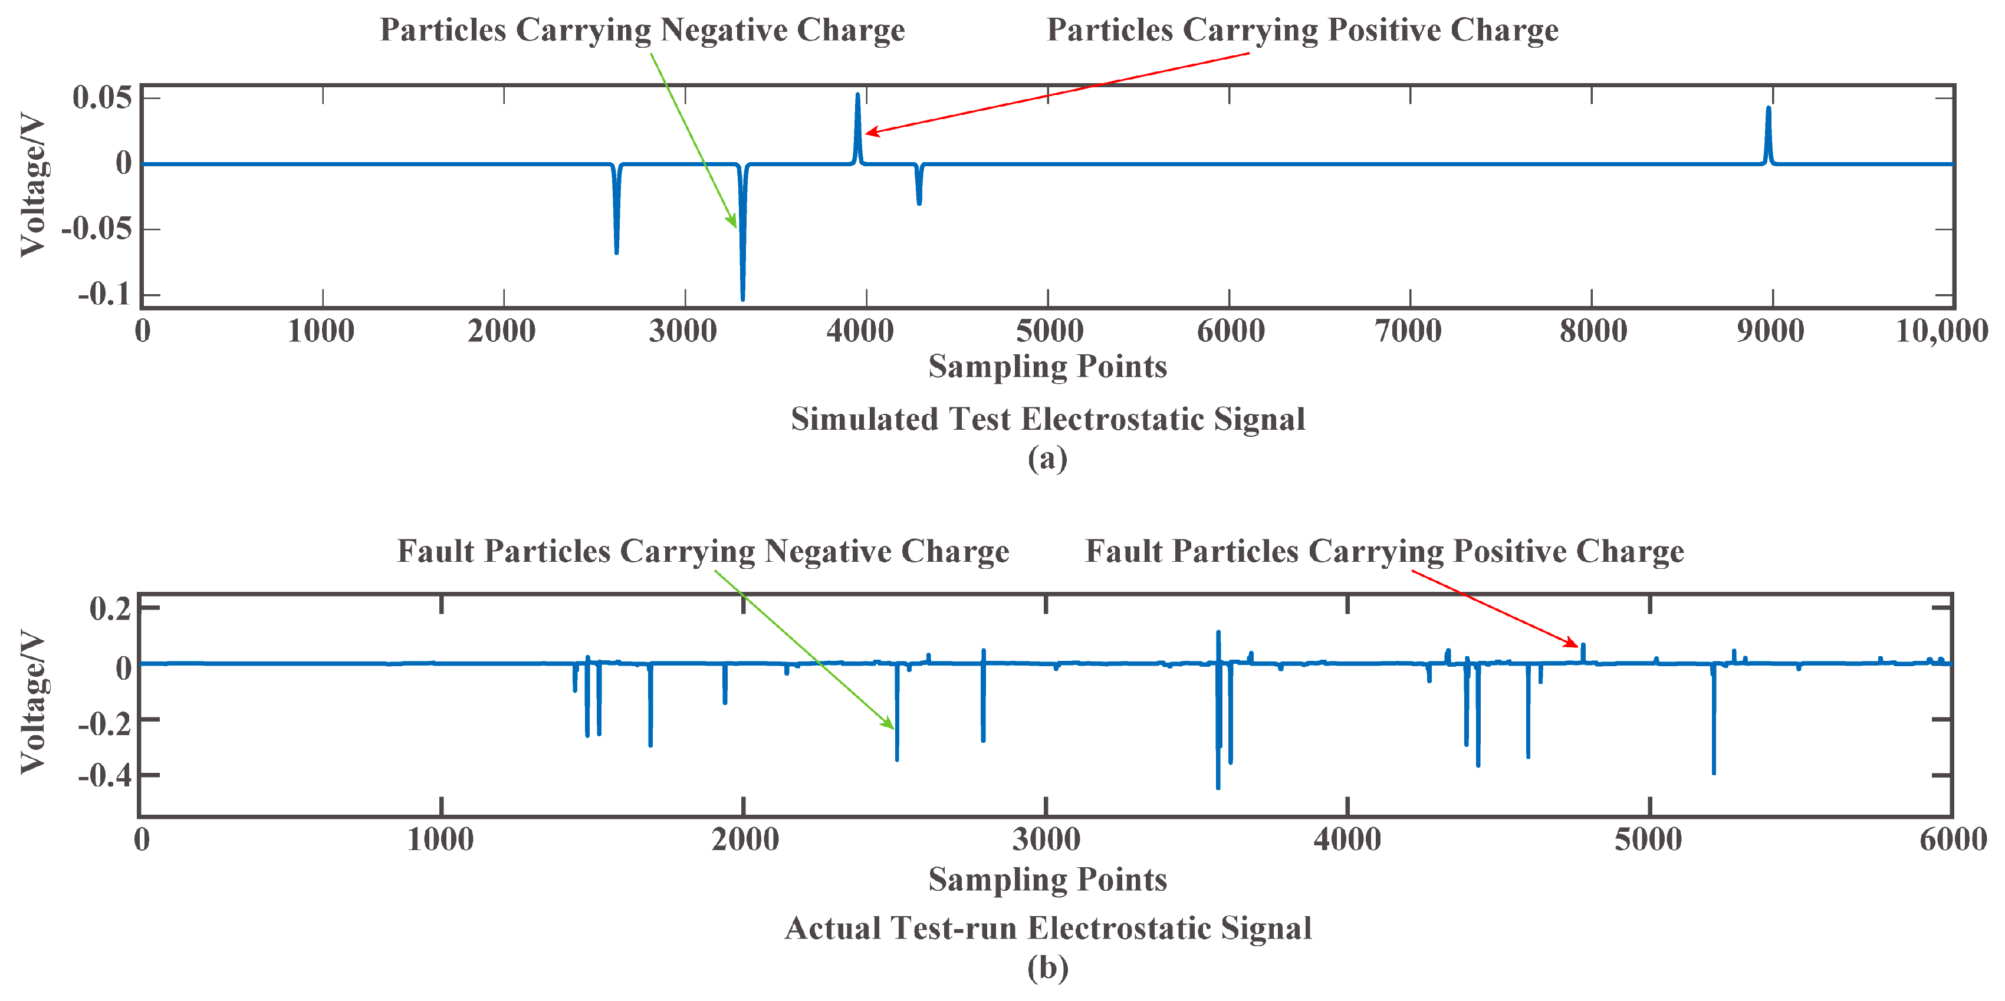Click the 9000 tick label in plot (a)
[x=1770, y=331]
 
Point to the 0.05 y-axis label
[x=103, y=98]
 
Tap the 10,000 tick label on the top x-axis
[x=1941, y=331]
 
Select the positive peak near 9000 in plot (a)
[x=1769, y=109]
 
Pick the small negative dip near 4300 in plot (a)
[x=919, y=202]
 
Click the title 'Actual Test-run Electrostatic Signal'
[x=1048, y=928]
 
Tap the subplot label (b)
[x=1048, y=967]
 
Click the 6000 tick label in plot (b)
[x=1952, y=840]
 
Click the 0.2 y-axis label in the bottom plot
[x=110, y=608]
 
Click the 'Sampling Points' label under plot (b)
[x=1048, y=879]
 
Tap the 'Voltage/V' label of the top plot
[x=32, y=185]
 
